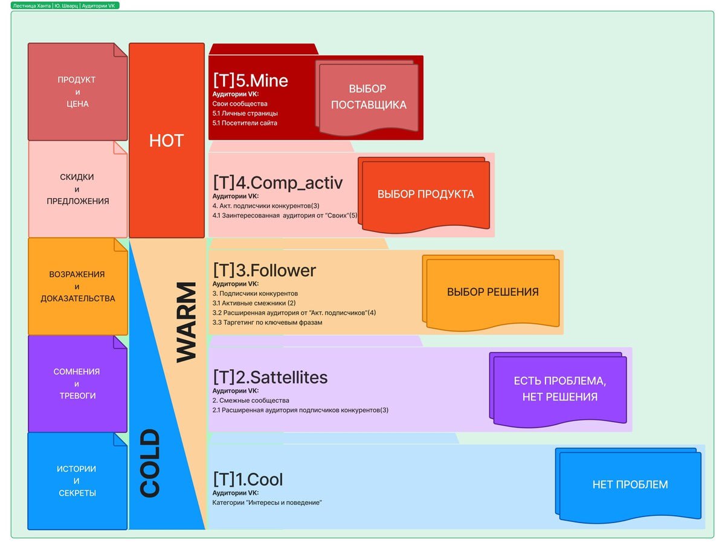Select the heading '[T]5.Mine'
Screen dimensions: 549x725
(250, 80)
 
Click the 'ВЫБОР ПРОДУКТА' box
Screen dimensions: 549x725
(426, 194)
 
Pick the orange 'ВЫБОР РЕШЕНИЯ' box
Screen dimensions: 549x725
(492, 292)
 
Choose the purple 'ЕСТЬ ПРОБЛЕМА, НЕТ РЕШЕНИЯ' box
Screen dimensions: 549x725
(559, 389)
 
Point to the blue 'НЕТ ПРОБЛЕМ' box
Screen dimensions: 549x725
(630, 484)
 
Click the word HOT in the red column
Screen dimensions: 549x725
(167, 141)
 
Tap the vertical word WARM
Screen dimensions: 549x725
(187, 322)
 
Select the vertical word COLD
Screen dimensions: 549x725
(149, 463)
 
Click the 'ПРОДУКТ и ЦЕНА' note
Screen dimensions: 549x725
(77, 92)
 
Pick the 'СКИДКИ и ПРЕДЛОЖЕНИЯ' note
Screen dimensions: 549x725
(77, 189)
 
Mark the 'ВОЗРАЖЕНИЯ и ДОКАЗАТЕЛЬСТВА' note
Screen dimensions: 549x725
(77, 286)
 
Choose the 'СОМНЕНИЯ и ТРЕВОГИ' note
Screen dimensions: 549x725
(77, 384)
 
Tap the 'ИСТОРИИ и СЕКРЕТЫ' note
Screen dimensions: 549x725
(77, 481)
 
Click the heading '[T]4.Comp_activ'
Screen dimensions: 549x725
(277, 183)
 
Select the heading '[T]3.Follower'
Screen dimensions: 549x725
(264, 270)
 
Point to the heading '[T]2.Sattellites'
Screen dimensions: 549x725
(270, 377)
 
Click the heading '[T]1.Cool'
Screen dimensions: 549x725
(248, 480)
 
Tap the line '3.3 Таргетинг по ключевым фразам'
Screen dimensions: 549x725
(267, 323)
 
